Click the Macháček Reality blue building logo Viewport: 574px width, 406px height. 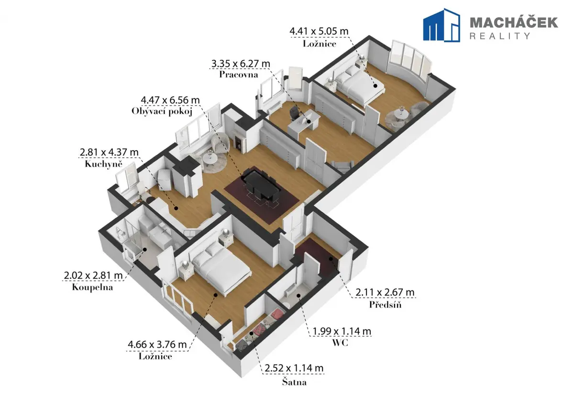click(x=441, y=25)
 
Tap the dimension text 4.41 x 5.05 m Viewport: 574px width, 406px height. click(x=319, y=31)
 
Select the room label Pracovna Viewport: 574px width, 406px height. click(x=239, y=75)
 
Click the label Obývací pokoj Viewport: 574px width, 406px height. click(x=162, y=111)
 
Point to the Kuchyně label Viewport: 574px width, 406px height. click(x=103, y=164)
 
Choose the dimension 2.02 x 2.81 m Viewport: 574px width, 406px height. click(x=93, y=275)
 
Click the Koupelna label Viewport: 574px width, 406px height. click(x=92, y=287)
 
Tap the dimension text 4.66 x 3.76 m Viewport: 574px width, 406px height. click(x=157, y=344)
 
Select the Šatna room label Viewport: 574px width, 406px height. click(x=294, y=382)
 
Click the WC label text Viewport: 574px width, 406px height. click(x=340, y=343)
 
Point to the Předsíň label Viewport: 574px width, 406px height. click(x=385, y=304)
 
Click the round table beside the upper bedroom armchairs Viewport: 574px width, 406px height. click(x=401, y=114)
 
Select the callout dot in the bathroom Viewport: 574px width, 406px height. click(x=145, y=249)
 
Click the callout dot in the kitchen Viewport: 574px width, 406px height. click(x=176, y=208)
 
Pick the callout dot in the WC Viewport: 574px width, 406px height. click(x=298, y=296)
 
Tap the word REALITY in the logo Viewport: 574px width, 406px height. click(x=500, y=36)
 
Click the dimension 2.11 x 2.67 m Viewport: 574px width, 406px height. click(x=385, y=292)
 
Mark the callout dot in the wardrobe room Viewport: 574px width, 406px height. click(x=252, y=333)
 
